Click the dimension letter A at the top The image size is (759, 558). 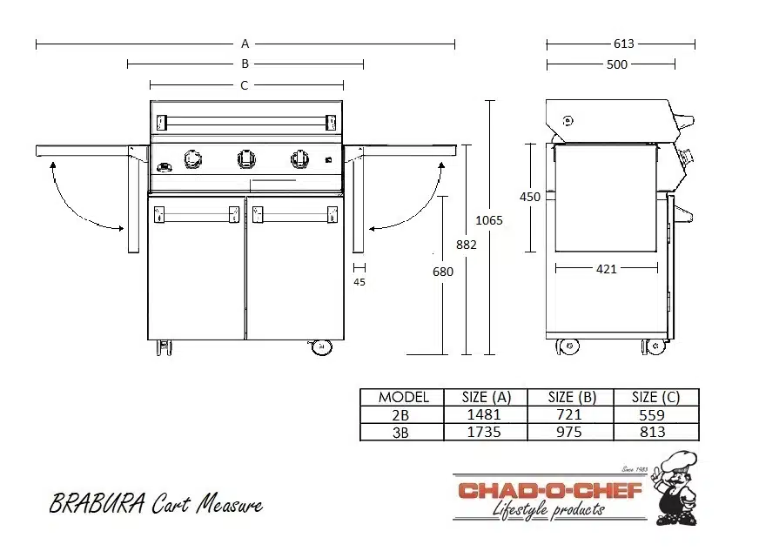[x=245, y=43]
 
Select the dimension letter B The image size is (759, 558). [x=245, y=64]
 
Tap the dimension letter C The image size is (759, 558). [x=245, y=85]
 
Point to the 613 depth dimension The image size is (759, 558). [x=623, y=44]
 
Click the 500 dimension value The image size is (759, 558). [x=616, y=64]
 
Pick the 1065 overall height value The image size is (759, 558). [x=489, y=220]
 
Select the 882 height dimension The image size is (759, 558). [x=467, y=245]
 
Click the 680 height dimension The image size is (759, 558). [x=443, y=272]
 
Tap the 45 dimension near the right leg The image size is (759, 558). [x=359, y=281]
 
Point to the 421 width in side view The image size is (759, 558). [x=606, y=269]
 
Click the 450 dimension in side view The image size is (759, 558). [x=530, y=197]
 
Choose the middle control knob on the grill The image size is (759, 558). [x=247, y=158]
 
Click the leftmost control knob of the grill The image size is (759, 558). [x=192, y=158]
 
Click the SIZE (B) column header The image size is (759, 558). [x=572, y=397]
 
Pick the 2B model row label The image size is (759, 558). [x=402, y=415]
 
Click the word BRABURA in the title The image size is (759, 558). [x=97, y=504]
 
